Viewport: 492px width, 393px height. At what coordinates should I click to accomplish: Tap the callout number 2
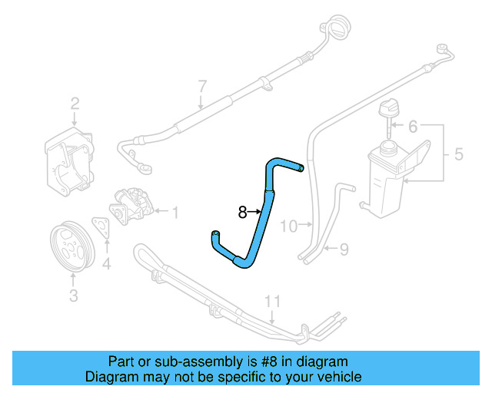(x=75, y=104)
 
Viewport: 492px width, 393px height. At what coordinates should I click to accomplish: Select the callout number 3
(x=74, y=295)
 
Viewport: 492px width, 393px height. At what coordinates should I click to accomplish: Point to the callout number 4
(x=107, y=265)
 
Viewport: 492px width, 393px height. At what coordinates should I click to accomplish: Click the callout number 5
(x=458, y=154)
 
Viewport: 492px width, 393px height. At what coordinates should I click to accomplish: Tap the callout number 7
(x=202, y=85)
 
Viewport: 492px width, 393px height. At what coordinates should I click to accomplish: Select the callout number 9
(x=344, y=248)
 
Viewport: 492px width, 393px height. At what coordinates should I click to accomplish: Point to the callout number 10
(x=288, y=226)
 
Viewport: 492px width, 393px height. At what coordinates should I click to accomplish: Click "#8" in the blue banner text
(x=250, y=361)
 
